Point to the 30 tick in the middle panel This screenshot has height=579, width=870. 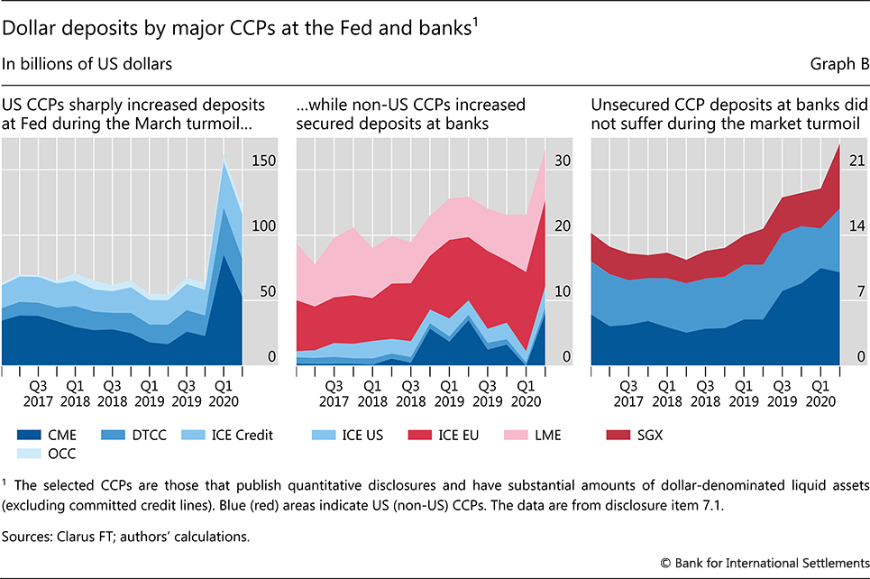[x=563, y=161]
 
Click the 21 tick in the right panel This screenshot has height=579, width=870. [x=857, y=161]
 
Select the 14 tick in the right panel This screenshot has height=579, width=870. [x=857, y=227]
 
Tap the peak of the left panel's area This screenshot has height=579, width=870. [x=224, y=159]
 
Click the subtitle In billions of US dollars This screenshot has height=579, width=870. [x=88, y=64]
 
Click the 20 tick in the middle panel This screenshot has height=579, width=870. [x=563, y=227]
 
